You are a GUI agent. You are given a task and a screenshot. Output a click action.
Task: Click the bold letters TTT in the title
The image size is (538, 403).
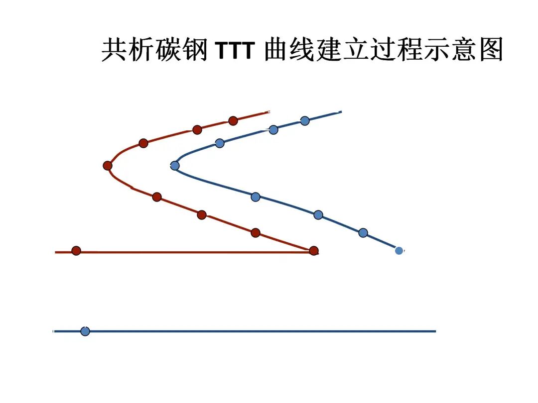click(236, 50)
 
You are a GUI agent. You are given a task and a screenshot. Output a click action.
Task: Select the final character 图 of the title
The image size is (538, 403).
click(491, 50)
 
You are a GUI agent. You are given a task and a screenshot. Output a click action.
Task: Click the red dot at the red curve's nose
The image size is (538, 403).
click(108, 166)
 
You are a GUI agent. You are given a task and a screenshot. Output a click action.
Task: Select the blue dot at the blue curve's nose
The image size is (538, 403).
click(175, 166)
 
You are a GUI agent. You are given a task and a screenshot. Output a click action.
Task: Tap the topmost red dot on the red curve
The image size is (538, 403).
click(233, 120)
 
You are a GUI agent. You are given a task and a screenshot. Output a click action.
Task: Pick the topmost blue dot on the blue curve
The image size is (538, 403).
click(305, 120)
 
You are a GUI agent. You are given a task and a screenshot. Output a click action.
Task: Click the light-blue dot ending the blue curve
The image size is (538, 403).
click(399, 251)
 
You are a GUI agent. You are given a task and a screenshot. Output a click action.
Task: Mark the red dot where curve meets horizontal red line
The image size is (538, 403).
click(313, 251)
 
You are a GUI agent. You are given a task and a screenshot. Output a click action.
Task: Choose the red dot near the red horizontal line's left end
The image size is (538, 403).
click(76, 251)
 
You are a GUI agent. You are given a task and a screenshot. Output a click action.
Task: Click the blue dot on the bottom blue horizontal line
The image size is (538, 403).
click(85, 331)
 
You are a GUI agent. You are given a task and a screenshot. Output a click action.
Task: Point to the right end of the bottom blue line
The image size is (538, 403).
click(435, 331)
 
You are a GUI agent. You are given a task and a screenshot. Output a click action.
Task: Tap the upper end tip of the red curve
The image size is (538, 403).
click(269, 111)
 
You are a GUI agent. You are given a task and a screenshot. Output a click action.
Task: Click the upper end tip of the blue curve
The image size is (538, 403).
click(341, 112)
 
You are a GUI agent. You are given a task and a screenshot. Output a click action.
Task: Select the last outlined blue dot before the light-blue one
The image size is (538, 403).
click(363, 232)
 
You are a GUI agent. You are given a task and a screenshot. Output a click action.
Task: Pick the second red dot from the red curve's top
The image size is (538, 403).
click(197, 130)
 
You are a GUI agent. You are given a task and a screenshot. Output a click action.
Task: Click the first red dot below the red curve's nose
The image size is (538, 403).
click(157, 197)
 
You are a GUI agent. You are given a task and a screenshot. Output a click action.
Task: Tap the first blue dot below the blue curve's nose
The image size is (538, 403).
click(256, 197)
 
